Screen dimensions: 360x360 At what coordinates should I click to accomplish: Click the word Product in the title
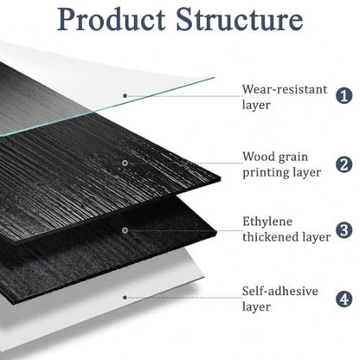point(111,20)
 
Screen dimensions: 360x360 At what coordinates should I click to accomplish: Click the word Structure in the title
point(240,19)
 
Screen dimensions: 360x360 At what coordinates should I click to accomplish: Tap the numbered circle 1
point(344,96)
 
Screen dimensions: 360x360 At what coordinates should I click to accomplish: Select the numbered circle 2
point(344,164)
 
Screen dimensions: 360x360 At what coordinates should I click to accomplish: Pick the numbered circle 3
point(344,230)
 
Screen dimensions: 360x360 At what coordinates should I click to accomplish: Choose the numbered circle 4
point(344,299)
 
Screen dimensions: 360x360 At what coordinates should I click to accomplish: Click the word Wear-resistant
point(285,89)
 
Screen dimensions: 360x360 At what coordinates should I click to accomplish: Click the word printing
point(265,173)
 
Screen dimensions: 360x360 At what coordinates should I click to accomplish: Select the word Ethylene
point(267,222)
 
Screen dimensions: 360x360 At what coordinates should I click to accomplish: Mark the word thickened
point(270,237)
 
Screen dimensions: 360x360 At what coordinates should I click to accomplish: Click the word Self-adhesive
point(280,292)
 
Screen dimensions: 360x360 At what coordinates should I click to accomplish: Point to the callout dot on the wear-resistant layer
point(125,95)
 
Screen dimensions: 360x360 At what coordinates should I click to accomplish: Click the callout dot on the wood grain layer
point(125,163)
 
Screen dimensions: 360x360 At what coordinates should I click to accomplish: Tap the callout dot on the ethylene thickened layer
point(125,230)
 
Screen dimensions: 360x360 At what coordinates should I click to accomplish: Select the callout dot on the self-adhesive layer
point(125,298)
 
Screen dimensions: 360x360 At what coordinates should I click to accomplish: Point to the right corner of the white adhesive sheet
point(204,276)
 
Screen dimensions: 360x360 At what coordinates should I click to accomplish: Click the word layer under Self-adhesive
point(256,306)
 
